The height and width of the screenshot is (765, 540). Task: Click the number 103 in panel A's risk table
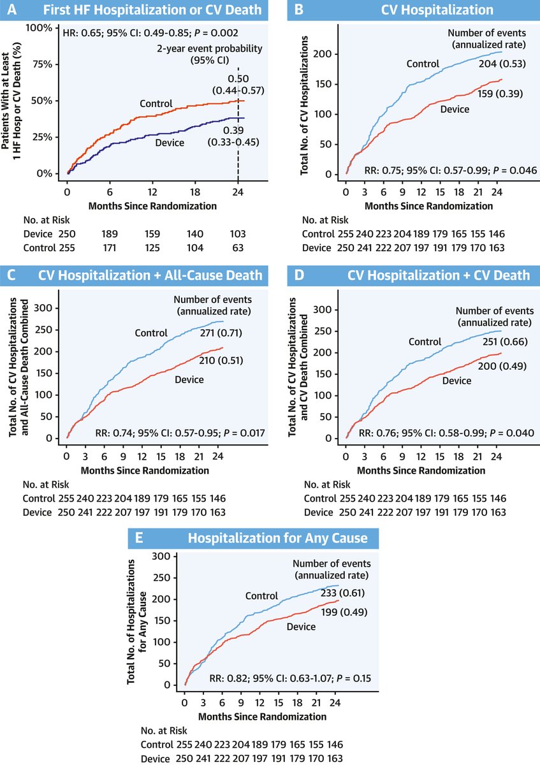(237, 233)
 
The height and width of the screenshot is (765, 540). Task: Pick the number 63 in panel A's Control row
(237, 247)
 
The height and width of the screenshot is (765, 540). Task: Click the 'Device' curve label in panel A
(169, 143)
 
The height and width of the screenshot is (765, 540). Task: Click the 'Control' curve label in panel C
(150, 332)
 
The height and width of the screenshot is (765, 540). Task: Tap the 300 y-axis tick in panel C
(52, 309)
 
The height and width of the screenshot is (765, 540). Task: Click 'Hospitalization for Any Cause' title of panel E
(277, 538)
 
